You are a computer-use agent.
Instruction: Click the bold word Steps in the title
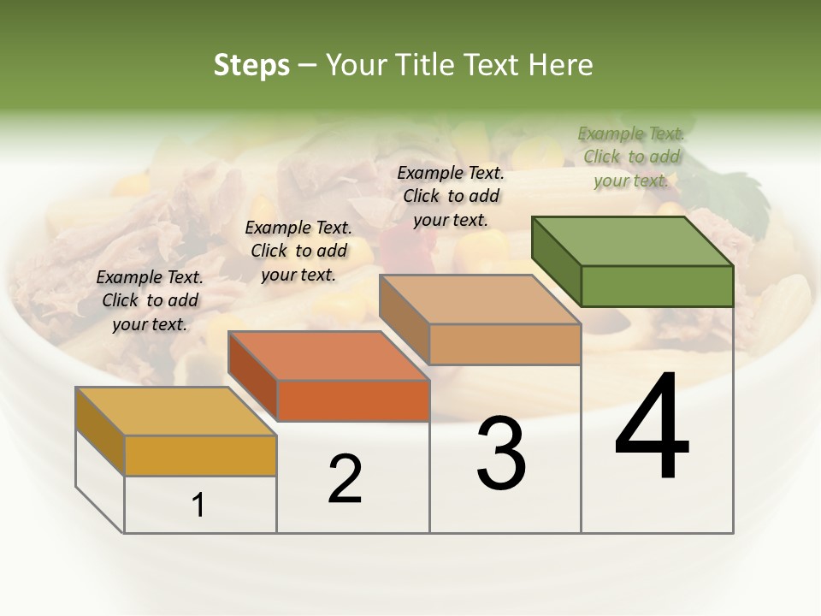pos(251,65)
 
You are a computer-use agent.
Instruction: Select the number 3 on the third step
pos(501,453)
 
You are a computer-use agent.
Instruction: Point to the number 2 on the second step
pos(345,479)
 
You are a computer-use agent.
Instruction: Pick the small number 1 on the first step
pos(198,506)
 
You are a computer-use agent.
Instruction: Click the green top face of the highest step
pos(633,240)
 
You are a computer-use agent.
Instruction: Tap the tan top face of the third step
pos(480,299)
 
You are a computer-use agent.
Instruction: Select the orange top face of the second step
pos(328,356)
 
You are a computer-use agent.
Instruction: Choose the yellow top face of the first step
pos(176,412)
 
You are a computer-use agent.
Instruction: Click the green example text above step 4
pos(631,157)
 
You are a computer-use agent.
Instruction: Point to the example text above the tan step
pos(451,196)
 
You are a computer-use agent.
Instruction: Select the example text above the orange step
pos(298,251)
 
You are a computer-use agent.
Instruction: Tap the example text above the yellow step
pos(150,300)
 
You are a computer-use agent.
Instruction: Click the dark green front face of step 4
pos(657,286)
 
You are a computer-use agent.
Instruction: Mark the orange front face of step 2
pos(353,400)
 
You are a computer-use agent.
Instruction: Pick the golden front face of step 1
pos(200,455)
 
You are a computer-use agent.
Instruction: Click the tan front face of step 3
pos(505,344)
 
